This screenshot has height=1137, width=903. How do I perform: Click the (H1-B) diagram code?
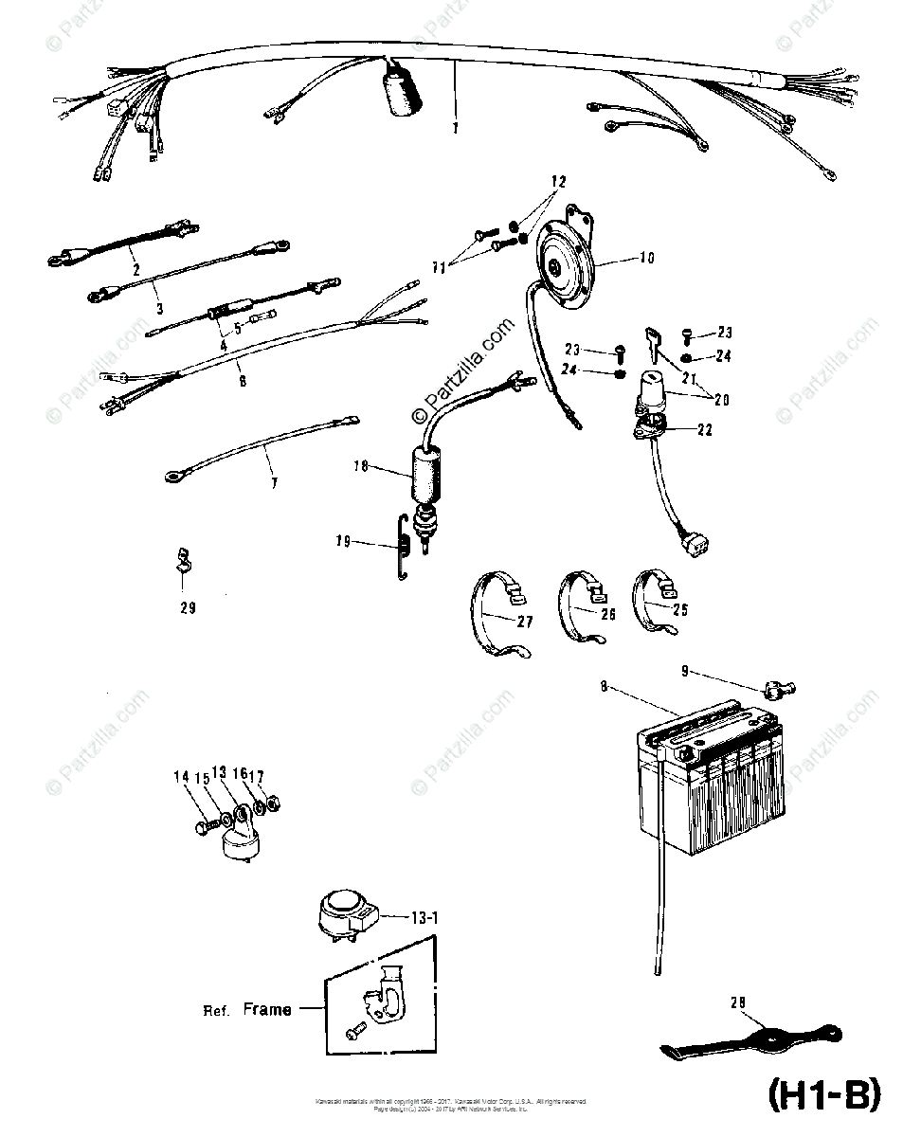pos(822,1095)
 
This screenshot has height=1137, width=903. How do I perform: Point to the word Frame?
pos(266,1009)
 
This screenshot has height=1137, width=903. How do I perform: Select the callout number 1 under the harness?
pos(454,127)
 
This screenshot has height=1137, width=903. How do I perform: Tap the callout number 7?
pos(273,482)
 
